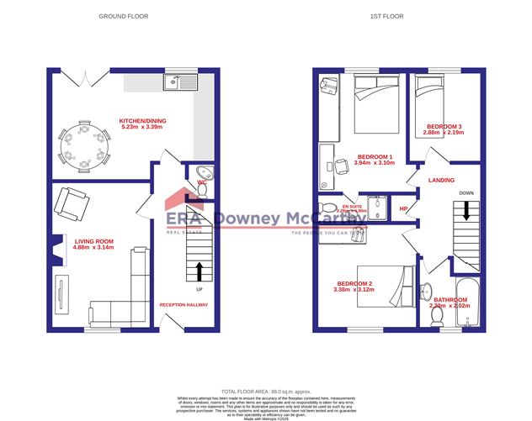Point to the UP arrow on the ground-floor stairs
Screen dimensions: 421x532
click(x=199, y=270)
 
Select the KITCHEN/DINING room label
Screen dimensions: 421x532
click(x=143, y=121)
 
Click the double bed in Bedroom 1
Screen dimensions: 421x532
click(x=376, y=100)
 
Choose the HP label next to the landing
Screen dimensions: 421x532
click(x=403, y=208)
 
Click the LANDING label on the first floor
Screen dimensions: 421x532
click(x=441, y=180)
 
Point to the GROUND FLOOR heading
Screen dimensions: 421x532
click(x=123, y=16)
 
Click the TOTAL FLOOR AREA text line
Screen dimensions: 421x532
click(x=265, y=392)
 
